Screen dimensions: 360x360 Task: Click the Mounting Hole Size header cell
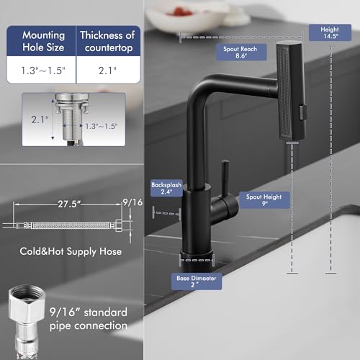click(43, 41)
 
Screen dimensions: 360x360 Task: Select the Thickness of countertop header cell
click(107, 41)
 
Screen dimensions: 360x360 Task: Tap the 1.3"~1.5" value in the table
click(43, 72)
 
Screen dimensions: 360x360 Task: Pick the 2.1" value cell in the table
click(107, 72)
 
